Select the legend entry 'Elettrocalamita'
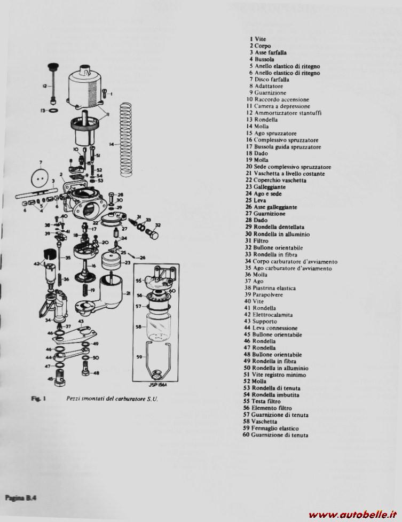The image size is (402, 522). (272, 315)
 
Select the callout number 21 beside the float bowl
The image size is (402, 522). (129, 293)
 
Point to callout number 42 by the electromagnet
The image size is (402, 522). (37, 264)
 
